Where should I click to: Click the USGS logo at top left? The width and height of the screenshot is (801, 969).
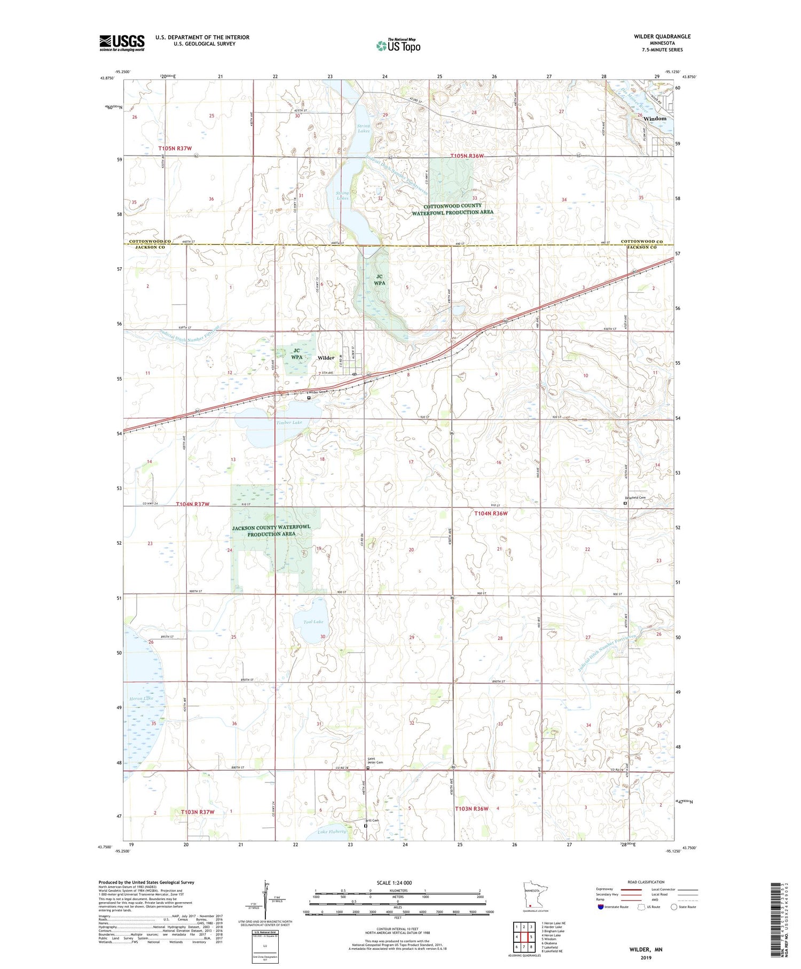[x=122, y=43]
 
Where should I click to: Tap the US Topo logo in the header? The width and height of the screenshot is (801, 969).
[x=398, y=46]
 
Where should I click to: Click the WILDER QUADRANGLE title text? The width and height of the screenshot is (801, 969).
[x=662, y=36]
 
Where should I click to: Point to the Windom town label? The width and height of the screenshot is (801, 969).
[x=655, y=119]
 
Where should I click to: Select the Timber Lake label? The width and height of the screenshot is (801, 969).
[x=289, y=422]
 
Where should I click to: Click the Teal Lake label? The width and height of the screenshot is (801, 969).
[x=313, y=622]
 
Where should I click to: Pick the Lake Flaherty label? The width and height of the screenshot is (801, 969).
[x=332, y=831]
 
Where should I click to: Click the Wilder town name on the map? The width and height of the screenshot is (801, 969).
[x=326, y=358]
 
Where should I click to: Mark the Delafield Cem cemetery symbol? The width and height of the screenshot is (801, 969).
[x=625, y=503]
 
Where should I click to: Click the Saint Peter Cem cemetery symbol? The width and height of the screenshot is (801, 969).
[x=367, y=768]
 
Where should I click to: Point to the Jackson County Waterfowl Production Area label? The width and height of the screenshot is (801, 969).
[x=271, y=530]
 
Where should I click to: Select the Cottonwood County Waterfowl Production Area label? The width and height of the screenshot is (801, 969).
[x=452, y=209]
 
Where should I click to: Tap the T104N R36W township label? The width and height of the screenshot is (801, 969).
[x=491, y=513]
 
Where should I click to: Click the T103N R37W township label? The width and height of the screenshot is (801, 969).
[x=197, y=812]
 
